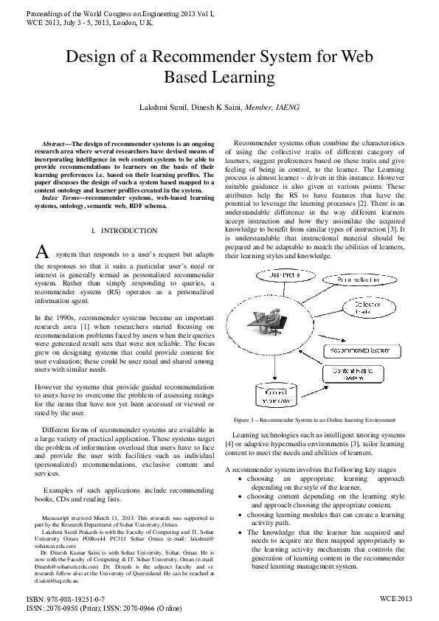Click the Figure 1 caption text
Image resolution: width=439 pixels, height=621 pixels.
point(314,420)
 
